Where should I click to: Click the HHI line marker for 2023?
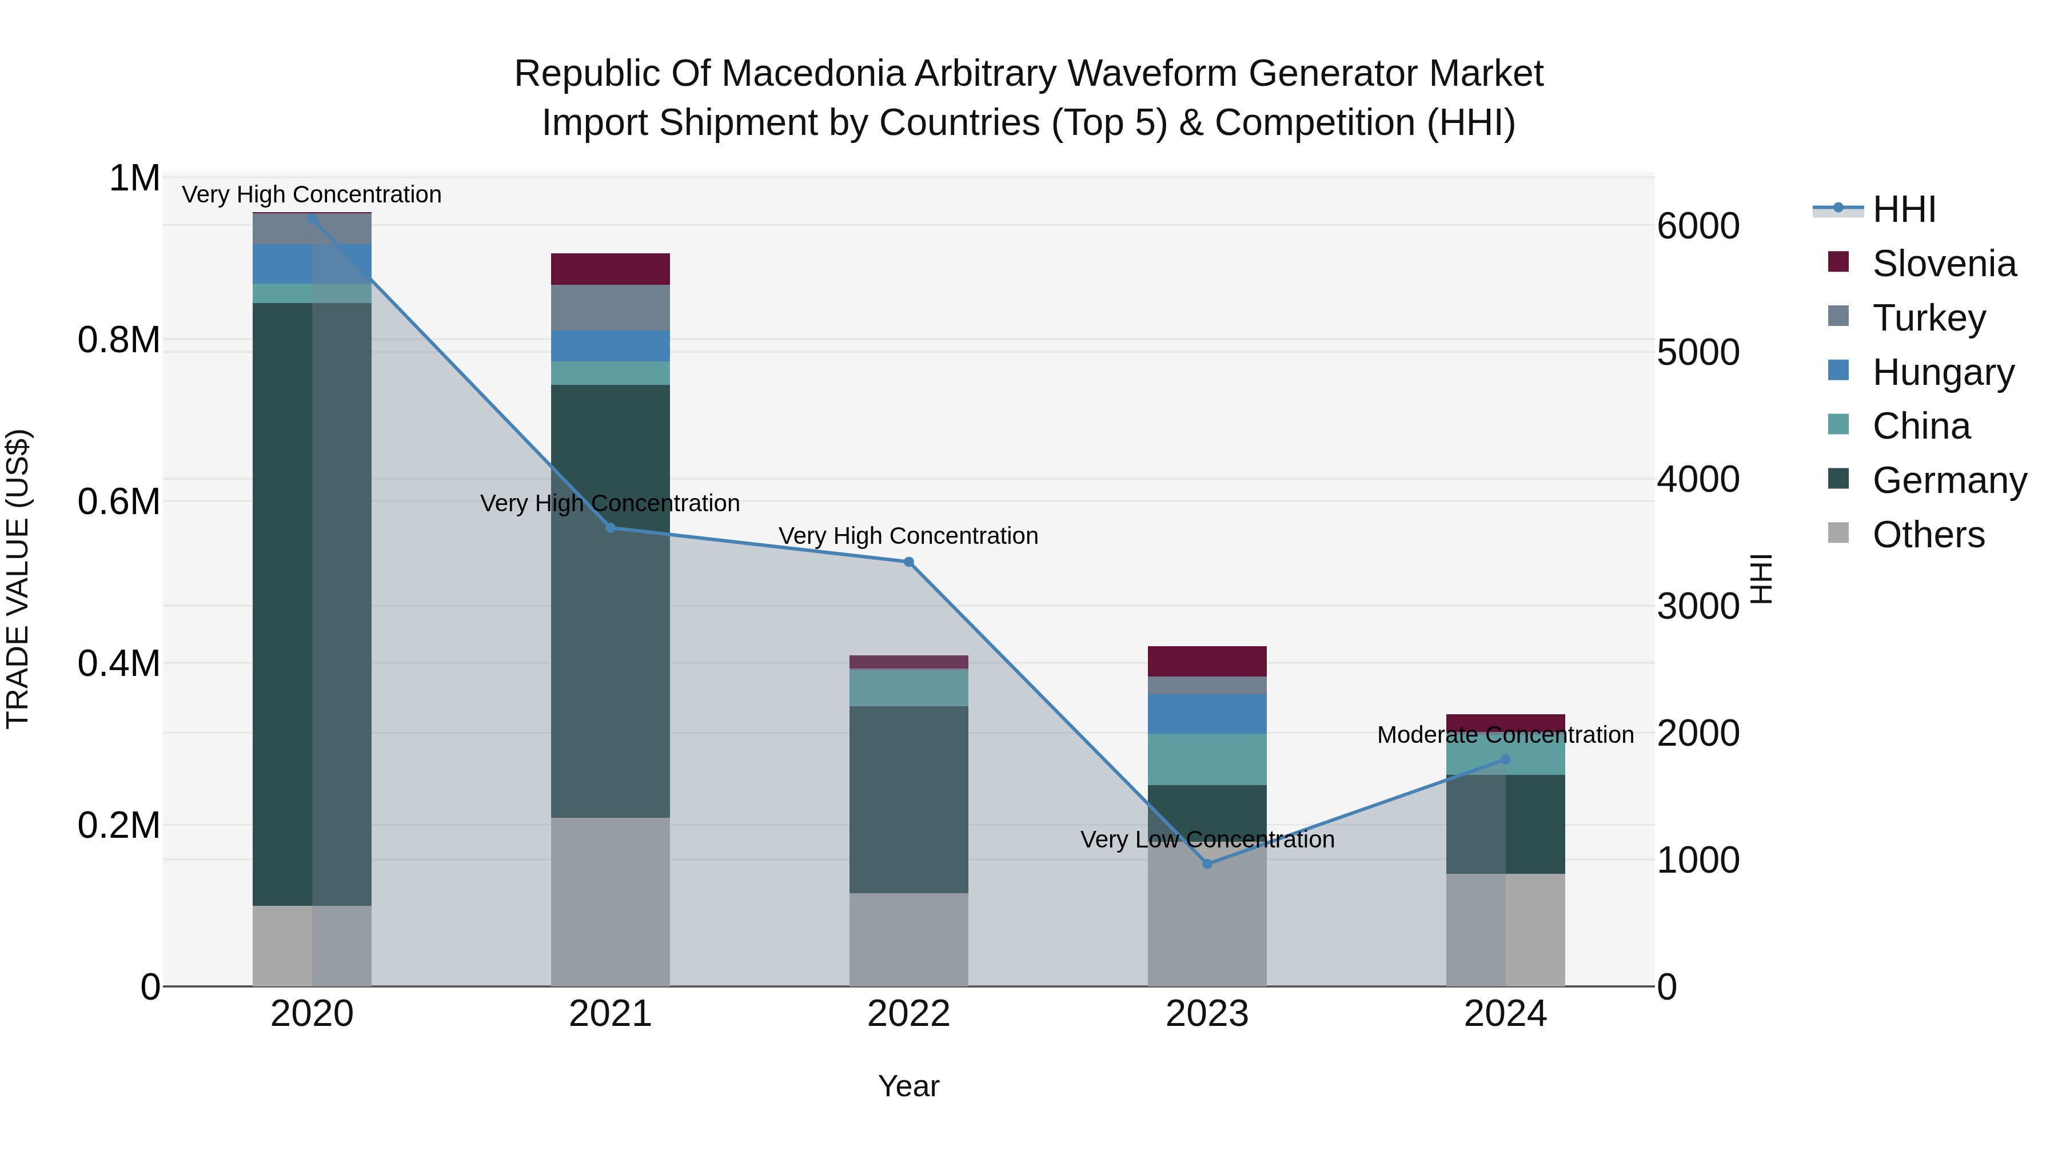click(1207, 864)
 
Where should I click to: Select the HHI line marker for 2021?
click(611, 527)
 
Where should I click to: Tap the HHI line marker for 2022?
click(908, 562)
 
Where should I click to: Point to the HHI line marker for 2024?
click(1505, 759)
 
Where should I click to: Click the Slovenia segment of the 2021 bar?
click(611, 269)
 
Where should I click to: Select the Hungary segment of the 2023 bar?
click(1207, 714)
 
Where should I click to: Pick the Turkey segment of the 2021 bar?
click(611, 308)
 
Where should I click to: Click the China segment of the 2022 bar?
click(908, 687)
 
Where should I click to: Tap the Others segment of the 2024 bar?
click(1505, 929)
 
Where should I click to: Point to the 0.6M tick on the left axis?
click(118, 502)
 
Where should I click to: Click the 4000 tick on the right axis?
click(1698, 480)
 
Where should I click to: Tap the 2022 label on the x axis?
click(908, 1014)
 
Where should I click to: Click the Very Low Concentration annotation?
click(1207, 839)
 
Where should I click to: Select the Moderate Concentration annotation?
click(1505, 734)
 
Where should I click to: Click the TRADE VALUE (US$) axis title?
click(18, 579)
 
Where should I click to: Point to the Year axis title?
click(908, 1086)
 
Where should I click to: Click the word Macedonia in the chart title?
click(816, 74)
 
